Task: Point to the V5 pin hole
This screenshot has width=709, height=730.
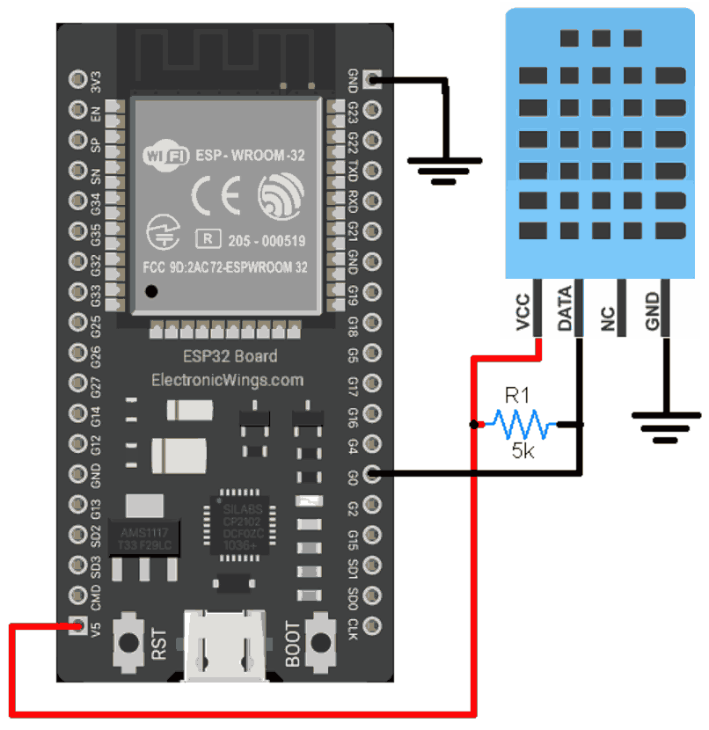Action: pyautogui.click(x=76, y=626)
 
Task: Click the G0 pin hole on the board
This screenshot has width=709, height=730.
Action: pyautogui.click(x=372, y=474)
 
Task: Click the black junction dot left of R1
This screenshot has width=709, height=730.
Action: pyautogui.click(x=475, y=426)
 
